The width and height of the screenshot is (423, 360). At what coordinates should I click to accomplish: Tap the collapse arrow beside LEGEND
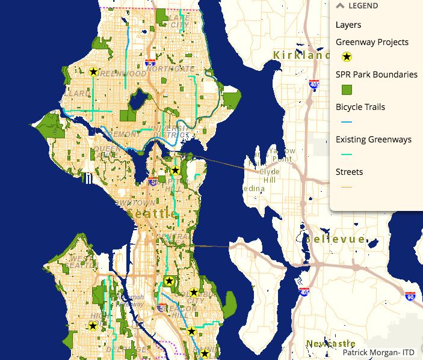pos(340,6)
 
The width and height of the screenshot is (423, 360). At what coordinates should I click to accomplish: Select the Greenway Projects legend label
pos(372,42)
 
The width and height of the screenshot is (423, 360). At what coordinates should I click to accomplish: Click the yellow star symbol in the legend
pos(347,57)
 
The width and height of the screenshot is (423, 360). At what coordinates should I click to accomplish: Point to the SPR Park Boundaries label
pos(377,75)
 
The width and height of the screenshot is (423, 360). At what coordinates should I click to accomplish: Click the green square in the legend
pos(347,90)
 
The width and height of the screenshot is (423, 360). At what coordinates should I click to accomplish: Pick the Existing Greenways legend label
pos(374,139)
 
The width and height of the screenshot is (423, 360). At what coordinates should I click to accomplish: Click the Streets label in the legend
pos(349,172)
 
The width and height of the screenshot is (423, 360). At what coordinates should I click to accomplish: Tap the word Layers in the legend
pos(348,25)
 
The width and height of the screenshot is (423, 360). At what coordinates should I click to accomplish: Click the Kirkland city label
pos(301,55)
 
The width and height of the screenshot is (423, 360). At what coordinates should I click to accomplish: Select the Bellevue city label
pos(335,239)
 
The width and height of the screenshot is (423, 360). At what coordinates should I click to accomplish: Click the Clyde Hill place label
pos(269,175)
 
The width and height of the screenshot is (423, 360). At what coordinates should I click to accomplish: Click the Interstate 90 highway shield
pos(410,297)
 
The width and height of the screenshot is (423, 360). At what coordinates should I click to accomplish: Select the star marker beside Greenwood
pos(93,72)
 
